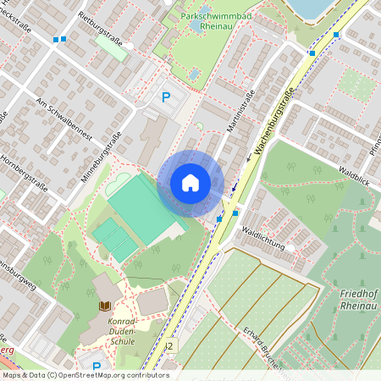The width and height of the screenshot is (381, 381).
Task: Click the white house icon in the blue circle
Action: pos(190,183)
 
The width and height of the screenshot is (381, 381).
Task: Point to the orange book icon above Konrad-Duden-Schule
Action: pos(105,306)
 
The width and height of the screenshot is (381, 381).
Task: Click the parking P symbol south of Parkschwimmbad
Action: pos(166,97)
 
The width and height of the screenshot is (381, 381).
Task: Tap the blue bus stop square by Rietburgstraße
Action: pos(58,40)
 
